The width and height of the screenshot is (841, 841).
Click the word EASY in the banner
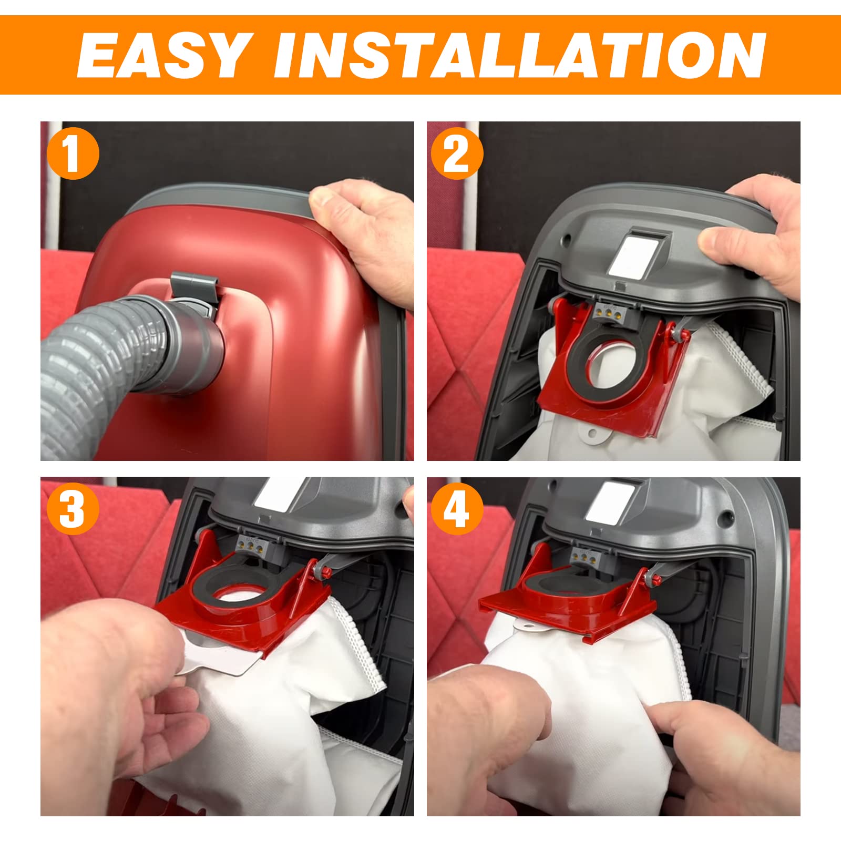pos(163,55)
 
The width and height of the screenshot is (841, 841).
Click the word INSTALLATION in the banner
pos(519,55)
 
